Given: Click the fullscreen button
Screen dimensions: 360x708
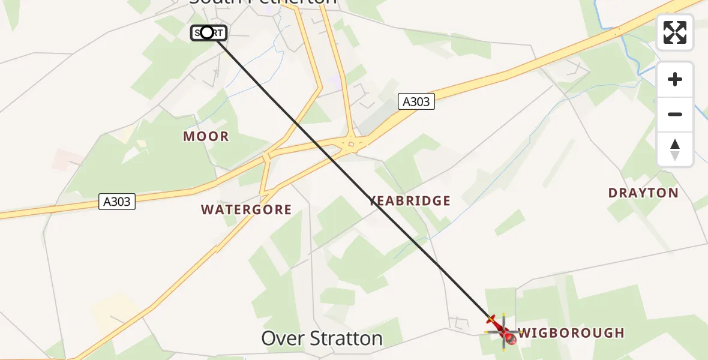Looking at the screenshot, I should click(675, 32).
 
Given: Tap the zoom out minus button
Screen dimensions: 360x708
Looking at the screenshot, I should click(675, 114).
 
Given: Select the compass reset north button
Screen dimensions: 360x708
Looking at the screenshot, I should click(675, 149).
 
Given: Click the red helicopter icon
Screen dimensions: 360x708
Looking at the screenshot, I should click(503, 331).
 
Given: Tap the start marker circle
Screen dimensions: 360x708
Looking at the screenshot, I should click(207, 32).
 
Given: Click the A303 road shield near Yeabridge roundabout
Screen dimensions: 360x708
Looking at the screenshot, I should click(416, 102).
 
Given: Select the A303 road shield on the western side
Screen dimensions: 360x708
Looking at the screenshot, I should click(117, 202).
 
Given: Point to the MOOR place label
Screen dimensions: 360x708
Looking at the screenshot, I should click(206, 137).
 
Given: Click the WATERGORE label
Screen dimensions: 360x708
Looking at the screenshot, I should click(246, 210).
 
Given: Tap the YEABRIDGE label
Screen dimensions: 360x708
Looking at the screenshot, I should click(410, 201).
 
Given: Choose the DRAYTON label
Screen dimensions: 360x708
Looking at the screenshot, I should click(643, 193).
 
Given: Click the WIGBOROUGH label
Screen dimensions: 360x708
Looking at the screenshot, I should click(571, 333).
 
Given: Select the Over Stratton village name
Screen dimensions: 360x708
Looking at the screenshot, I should click(322, 338).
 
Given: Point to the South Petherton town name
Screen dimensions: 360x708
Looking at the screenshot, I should click(263, 2).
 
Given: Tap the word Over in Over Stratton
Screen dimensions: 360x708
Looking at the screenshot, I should click(280, 338).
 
